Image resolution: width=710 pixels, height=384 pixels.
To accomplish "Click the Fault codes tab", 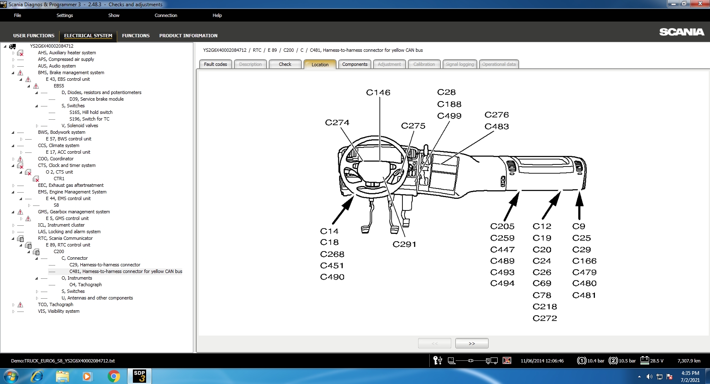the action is (x=215, y=64).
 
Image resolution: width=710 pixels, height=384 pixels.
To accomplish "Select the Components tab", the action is (x=355, y=64).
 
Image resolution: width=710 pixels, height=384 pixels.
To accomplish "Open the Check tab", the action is (x=285, y=64).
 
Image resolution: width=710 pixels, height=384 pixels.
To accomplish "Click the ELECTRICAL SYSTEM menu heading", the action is (x=88, y=36).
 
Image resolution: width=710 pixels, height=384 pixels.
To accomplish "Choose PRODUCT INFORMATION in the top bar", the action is (x=188, y=36).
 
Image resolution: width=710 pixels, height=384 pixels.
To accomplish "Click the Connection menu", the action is (x=166, y=15).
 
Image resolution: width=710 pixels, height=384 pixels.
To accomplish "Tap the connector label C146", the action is (x=378, y=92).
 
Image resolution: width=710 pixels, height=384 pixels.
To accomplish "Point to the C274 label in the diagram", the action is (x=337, y=123).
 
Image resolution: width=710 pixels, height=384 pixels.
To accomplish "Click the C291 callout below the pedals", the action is (x=404, y=244).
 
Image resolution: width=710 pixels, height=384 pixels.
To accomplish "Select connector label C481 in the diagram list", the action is (x=584, y=295).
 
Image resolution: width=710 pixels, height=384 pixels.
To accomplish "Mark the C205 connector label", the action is (x=502, y=227).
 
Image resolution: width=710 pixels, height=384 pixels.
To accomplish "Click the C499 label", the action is (x=449, y=116).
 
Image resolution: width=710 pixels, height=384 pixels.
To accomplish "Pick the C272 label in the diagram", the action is (x=545, y=318).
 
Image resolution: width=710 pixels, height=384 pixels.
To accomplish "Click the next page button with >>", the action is (x=472, y=343).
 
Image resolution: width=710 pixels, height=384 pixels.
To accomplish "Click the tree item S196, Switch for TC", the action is (x=89, y=119).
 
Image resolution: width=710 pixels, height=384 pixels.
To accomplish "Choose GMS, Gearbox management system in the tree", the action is (x=74, y=212).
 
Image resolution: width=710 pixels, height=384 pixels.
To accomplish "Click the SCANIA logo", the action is (x=681, y=32).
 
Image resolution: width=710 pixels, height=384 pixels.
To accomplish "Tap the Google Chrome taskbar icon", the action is (x=113, y=376).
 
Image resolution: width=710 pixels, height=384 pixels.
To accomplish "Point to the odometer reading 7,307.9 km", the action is (x=689, y=361).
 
